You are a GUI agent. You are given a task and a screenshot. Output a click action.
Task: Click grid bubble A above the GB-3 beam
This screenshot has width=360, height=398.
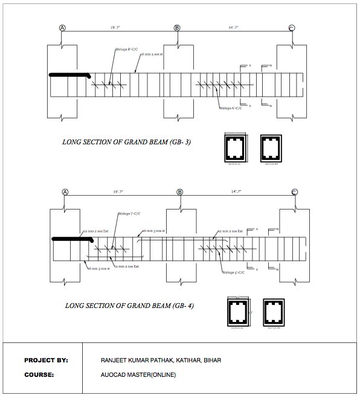coord(62,28)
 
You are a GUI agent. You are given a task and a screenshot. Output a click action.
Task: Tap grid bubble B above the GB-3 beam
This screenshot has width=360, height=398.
coord(177,28)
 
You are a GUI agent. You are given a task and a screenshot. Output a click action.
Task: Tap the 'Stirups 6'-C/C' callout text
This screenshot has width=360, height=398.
coord(231,108)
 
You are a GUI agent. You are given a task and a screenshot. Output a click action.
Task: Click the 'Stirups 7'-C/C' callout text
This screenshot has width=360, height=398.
coord(128,214)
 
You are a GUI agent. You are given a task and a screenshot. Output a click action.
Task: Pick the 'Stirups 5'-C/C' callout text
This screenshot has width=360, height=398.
coord(233,272)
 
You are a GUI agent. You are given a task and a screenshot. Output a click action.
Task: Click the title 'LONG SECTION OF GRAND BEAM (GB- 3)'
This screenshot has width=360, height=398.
coord(127,143)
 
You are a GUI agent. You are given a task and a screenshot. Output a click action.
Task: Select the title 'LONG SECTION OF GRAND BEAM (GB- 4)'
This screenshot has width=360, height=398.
coord(129,306)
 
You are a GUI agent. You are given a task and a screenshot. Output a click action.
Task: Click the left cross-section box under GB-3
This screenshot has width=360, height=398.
coord(234,147)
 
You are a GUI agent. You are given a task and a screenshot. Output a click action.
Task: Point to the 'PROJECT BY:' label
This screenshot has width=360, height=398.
coord(46,360)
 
